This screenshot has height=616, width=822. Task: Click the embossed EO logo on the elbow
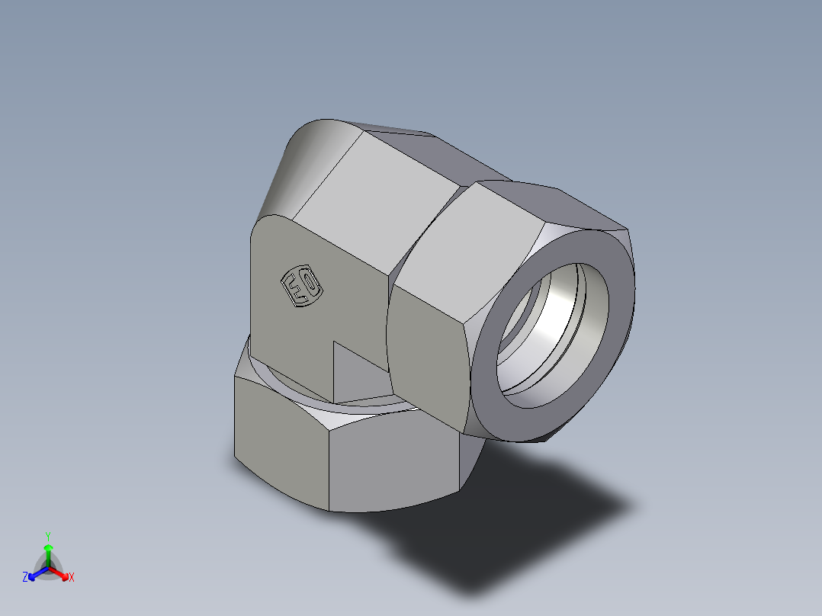pos(302,288)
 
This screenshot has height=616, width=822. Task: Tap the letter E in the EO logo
pos(294,290)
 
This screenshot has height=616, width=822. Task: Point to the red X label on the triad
pos(71,578)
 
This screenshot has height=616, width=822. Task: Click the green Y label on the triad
pos(47,536)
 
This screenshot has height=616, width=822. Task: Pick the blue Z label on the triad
pos(25,578)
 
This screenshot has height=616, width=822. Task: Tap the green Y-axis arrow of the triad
pos(48,553)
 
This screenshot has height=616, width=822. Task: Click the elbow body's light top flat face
pos(374,198)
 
